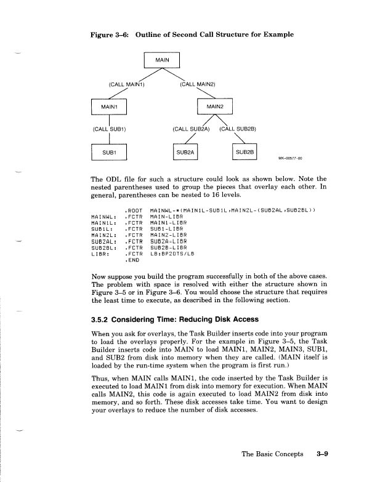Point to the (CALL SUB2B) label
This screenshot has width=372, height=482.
click(241, 129)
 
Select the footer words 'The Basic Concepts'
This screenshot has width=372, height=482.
click(272, 454)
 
